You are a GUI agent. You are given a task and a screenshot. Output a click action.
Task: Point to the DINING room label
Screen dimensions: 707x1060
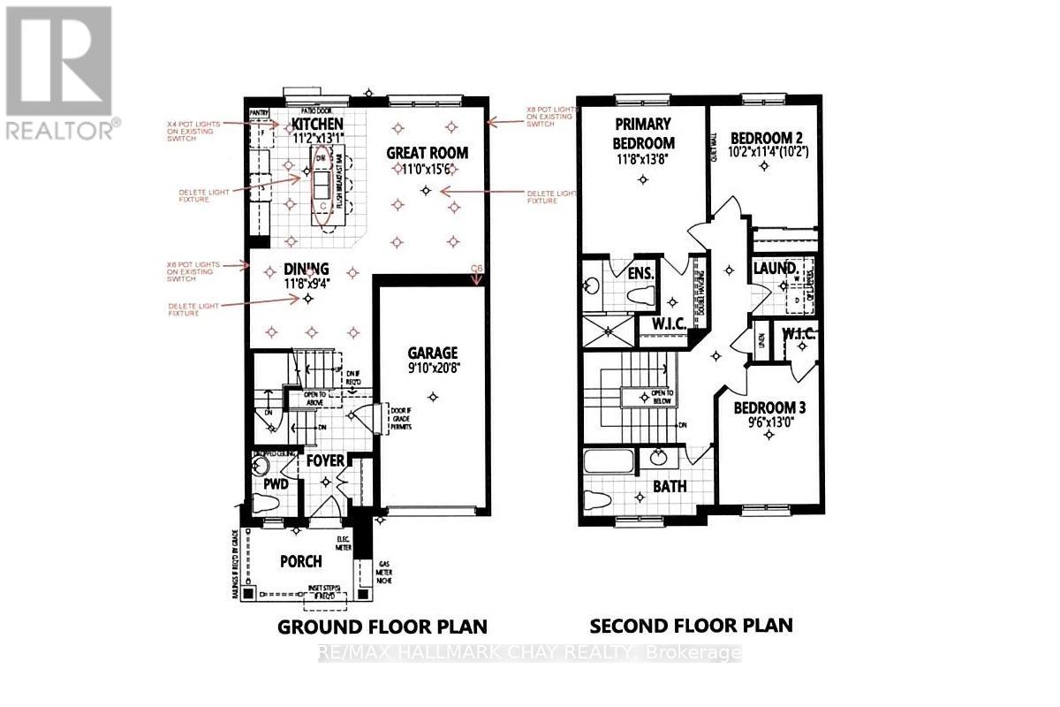coord(307,268)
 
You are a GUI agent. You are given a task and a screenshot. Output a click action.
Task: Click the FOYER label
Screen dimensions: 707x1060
coord(324,460)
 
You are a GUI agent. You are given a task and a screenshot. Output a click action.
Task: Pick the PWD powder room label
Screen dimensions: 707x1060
coord(276,484)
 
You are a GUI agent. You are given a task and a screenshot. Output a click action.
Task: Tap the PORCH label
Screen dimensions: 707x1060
coord(300,560)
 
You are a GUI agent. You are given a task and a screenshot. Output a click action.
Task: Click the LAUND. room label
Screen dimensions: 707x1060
coord(776,267)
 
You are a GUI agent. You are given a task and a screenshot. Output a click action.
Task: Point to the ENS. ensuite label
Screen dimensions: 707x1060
coord(640,273)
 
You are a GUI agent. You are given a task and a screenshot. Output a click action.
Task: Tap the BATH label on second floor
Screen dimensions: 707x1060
coord(670,486)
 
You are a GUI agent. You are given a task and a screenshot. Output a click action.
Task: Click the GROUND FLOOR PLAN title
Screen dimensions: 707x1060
coord(382,627)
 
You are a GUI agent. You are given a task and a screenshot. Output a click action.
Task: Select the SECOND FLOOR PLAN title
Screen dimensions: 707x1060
coord(691,626)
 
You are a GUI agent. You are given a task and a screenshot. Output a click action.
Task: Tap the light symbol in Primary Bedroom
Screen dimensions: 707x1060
coord(643,180)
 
